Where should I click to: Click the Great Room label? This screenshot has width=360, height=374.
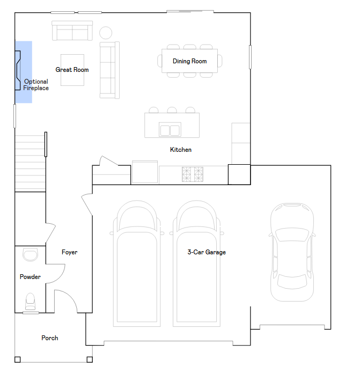coord(72,70)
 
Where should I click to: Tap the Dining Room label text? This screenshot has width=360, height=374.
coord(189,61)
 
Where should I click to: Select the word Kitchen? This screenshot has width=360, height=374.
coord(181,150)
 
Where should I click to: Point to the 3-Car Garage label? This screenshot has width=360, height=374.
coord(207,252)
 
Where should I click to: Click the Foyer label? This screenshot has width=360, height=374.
coord(69,252)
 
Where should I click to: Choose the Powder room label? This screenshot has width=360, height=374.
coord(30,277)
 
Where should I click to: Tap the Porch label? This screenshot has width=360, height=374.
coord(50,338)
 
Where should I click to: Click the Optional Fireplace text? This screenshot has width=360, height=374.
coord(36,85)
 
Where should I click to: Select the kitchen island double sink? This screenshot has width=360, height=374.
coord(170,130)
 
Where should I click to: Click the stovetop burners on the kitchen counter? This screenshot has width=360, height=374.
coord(193,173)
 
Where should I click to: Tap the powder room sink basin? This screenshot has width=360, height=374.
coord(30,254)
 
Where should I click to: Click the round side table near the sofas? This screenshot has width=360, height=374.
coord(106,32)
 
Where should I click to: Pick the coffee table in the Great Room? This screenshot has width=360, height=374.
coord(72,70)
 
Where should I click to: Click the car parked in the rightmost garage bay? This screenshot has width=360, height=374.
coord(292,252)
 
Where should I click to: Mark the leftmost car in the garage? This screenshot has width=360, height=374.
coord(137,263)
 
